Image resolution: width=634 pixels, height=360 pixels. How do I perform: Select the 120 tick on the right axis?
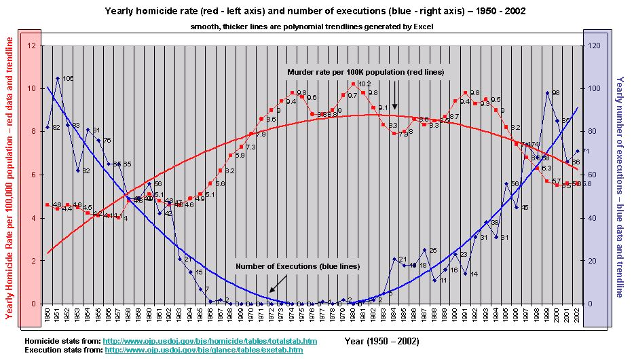[x=595, y=46]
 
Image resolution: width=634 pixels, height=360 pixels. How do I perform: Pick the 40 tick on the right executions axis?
[x=593, y=218]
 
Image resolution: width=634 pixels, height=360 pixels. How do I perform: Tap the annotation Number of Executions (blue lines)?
[x=297, y=266]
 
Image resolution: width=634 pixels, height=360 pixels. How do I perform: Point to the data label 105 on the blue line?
[x=68, y=79]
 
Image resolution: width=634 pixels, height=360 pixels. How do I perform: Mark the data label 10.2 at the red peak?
[x=364, y=84]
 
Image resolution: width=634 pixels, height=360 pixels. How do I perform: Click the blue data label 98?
[x=555, y=93]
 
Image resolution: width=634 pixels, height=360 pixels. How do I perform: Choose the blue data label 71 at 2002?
[x=585, y=151]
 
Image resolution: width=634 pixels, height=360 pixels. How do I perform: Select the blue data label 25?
[x=432, y=251]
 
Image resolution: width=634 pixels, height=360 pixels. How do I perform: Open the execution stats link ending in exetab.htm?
[x=204, y=350]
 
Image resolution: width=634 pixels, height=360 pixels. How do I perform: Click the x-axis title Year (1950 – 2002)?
[x=381, y=340]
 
